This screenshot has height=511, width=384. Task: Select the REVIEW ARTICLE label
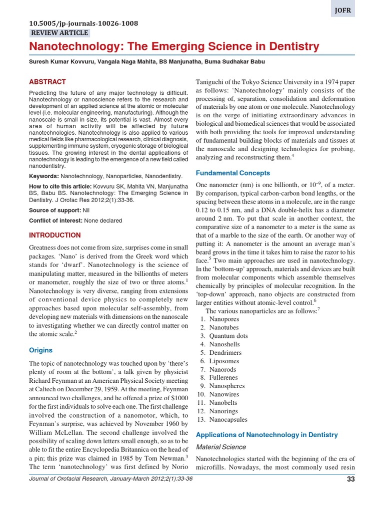(59, 33)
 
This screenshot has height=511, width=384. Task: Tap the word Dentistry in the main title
(291, 47)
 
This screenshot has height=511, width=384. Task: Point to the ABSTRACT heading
(47, 82)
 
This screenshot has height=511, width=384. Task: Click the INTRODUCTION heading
(55, 235)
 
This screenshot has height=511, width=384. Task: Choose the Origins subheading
(40, 350)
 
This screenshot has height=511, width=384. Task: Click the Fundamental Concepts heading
(232, 173)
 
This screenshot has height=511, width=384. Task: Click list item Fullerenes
(223, 378)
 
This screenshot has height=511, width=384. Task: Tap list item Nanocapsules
(228, 420)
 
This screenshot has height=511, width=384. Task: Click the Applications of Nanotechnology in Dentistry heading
(266, 435)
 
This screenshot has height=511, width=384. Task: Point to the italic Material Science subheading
(220, 447)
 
